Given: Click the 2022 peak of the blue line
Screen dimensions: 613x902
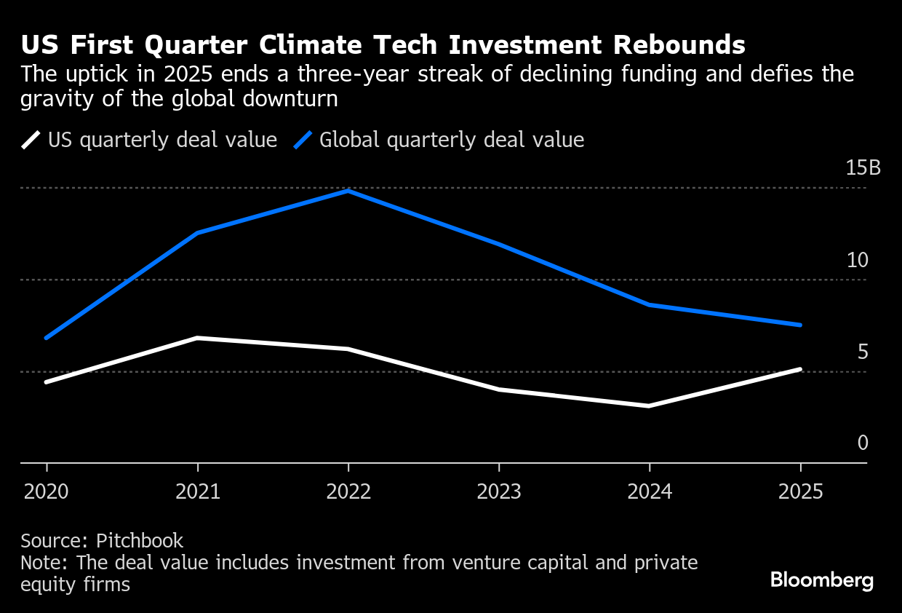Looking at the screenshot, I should [x=348, y=191].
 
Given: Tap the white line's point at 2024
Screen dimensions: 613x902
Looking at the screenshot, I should [x=649, y=406].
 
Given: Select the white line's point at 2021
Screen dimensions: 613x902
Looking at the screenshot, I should [x=197, y=338].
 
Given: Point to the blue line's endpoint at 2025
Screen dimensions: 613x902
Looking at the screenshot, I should [x=800, y=325].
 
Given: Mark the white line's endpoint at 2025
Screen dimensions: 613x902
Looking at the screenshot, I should [x=800, y=369].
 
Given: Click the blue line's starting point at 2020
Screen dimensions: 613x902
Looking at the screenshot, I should [x=47, y=338].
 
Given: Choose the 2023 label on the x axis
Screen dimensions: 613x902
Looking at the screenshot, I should [x=499, y=492].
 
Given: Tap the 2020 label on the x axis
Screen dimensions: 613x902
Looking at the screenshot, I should [x=47, y=492].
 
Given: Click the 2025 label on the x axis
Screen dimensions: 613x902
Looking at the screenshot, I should [x=800, y=492].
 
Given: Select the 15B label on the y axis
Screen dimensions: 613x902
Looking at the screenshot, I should [x=863, y=168].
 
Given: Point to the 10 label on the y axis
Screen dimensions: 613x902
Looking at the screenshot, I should [x=858, y=260].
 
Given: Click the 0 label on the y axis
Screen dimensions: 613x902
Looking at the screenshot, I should [x=863, y=443].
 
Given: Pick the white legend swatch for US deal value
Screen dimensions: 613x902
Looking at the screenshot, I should [x=31, y=140].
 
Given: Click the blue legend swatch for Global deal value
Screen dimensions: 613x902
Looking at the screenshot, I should [x=303, y=140].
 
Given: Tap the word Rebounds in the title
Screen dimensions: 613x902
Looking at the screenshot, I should [x=679, y=45].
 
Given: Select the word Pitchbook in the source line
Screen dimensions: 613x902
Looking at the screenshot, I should [x=140, y=541].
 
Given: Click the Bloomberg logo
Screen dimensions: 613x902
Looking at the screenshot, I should [x=821, y=580].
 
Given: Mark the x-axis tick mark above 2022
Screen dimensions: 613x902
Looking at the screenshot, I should [x=348, y=467].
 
